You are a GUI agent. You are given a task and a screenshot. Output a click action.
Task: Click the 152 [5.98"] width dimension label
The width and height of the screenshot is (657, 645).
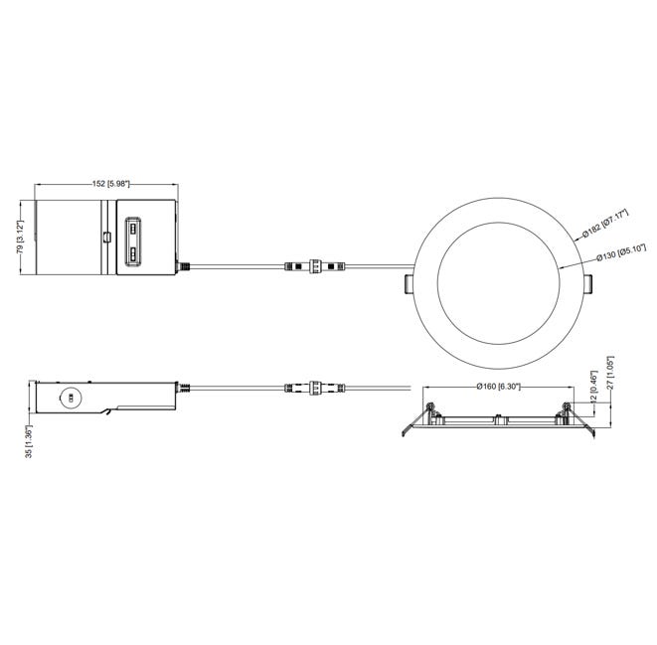(x=104, y=184)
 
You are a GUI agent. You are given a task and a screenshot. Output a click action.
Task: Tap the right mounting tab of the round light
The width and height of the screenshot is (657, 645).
(x=586, y=284)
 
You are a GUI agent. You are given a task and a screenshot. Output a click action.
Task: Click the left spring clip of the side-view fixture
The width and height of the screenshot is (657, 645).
(x=411, y=425)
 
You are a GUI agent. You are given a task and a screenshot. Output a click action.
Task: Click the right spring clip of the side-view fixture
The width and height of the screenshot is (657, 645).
(x=583, y=425)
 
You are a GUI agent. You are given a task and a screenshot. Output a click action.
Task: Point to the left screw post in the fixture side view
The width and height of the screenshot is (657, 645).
(x=428, y=408)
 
